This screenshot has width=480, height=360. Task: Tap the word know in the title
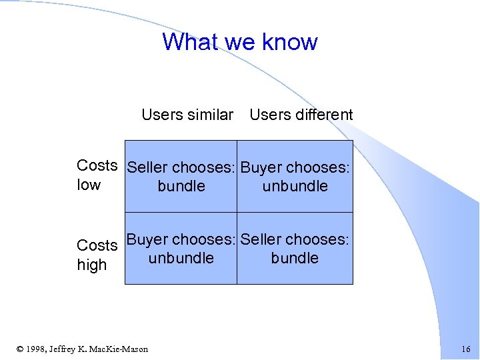coord(290,41)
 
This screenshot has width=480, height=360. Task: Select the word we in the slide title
coord(240,43)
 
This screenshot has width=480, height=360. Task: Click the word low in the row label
coord(89,185)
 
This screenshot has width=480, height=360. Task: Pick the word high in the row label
coord(92,265)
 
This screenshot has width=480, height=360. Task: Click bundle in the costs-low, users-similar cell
coord(181,187)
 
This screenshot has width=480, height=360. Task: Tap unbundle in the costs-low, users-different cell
coord(295,187)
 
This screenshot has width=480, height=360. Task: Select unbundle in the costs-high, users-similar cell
coord(181,259)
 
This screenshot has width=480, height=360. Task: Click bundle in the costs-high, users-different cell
coord(295,259)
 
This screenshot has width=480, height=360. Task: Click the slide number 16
coord(465,349)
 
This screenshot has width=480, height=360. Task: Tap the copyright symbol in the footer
coord(20,349)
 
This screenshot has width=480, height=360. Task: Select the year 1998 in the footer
coord(37,349)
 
